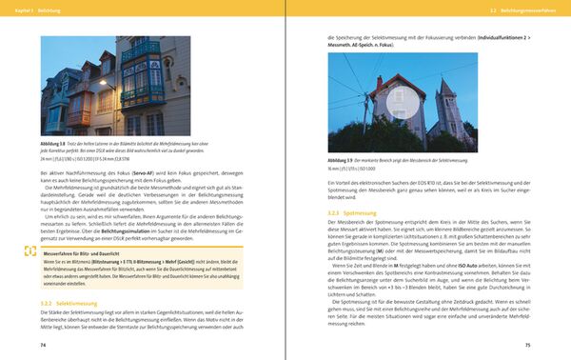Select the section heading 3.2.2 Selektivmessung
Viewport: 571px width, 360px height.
(65, 302)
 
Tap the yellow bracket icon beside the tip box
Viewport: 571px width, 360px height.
(30, 252)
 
